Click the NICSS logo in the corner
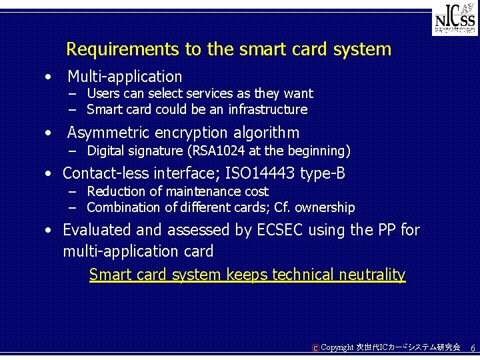[455, 21]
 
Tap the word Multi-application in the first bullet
[125, 77]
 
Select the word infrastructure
[267, 109]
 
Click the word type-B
[323, 174]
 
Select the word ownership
[325, 207]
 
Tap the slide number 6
[473, 349]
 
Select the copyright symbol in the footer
[315, 348]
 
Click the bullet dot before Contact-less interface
[49, 175]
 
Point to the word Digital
[107, 150]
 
